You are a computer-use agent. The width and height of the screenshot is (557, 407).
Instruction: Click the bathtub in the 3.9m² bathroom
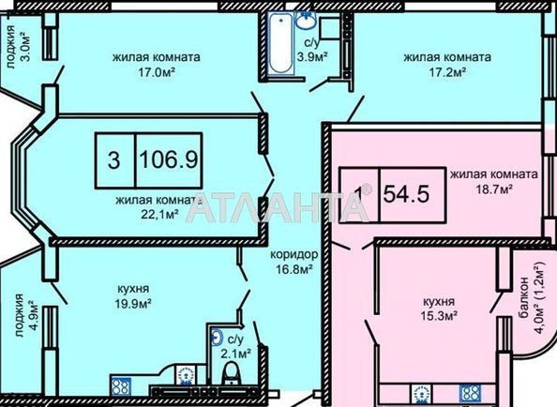coord(280,43)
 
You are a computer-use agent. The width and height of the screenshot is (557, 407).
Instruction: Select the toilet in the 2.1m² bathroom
coord(232,372)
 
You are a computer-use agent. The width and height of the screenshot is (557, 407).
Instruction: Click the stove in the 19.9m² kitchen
coord(120,386)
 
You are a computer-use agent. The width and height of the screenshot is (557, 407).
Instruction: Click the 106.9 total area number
coord(169,159)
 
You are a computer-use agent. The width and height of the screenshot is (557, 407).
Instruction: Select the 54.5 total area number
coord(407,194)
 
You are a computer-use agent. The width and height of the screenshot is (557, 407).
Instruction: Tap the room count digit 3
coord(113,160)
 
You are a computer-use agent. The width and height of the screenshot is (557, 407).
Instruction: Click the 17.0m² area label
coord(157,73)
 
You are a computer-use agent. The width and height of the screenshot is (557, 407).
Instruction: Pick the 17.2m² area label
coord(447,73)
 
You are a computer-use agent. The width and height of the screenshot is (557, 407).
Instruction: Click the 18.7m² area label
coord(494,189)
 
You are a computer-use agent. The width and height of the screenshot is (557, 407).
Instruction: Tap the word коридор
coord(294,254)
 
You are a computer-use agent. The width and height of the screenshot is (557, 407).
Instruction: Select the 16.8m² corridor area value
coord(294,270)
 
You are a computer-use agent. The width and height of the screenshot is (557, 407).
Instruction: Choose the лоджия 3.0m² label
coord(19,47)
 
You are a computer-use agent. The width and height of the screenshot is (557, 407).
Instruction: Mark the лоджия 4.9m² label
coord(26,315)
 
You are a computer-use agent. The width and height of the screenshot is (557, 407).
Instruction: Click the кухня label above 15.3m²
coord(439,302)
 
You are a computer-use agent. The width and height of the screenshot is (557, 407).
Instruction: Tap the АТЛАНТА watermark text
coord(277,207)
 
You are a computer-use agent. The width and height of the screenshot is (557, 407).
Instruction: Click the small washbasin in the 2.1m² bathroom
coord(216,337)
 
